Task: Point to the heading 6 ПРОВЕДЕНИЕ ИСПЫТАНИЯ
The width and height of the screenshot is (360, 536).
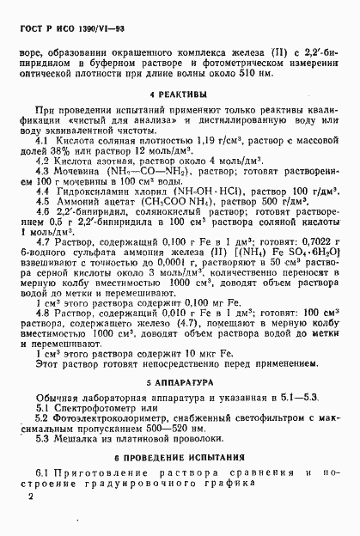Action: point(180,459)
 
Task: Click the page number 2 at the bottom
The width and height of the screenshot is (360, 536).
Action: point(31,496)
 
